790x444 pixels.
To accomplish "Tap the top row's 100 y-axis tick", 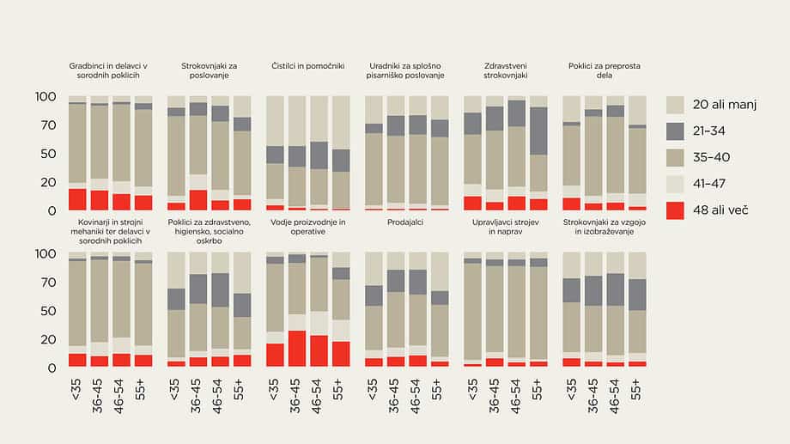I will click(45, 96).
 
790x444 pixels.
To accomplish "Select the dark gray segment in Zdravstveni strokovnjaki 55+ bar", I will click(539, 131).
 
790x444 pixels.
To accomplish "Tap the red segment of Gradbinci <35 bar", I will click(77, 199).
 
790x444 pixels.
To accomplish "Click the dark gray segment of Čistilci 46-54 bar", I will click(319, 155).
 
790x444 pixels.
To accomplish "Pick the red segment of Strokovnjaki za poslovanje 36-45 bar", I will click(198, 200).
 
